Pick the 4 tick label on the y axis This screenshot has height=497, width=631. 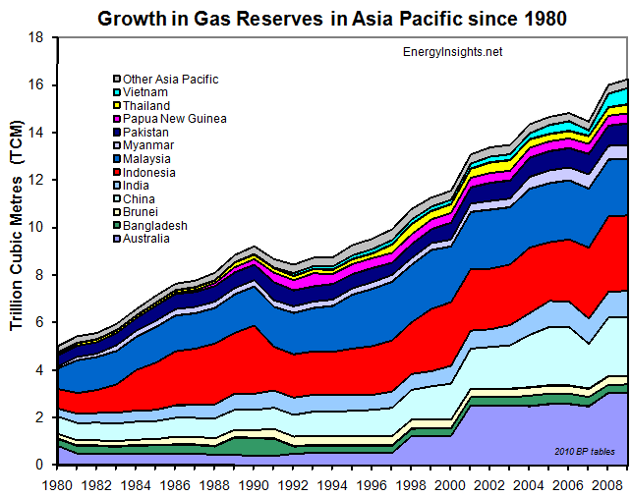coord(38,370)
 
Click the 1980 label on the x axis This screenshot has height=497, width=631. coord(58,485)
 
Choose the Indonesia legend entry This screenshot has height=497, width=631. coord(152,172)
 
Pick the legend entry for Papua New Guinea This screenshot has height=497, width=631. coord(175,119)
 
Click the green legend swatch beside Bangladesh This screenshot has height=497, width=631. coord(116,226)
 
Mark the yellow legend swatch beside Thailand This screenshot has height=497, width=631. coord(116,106)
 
